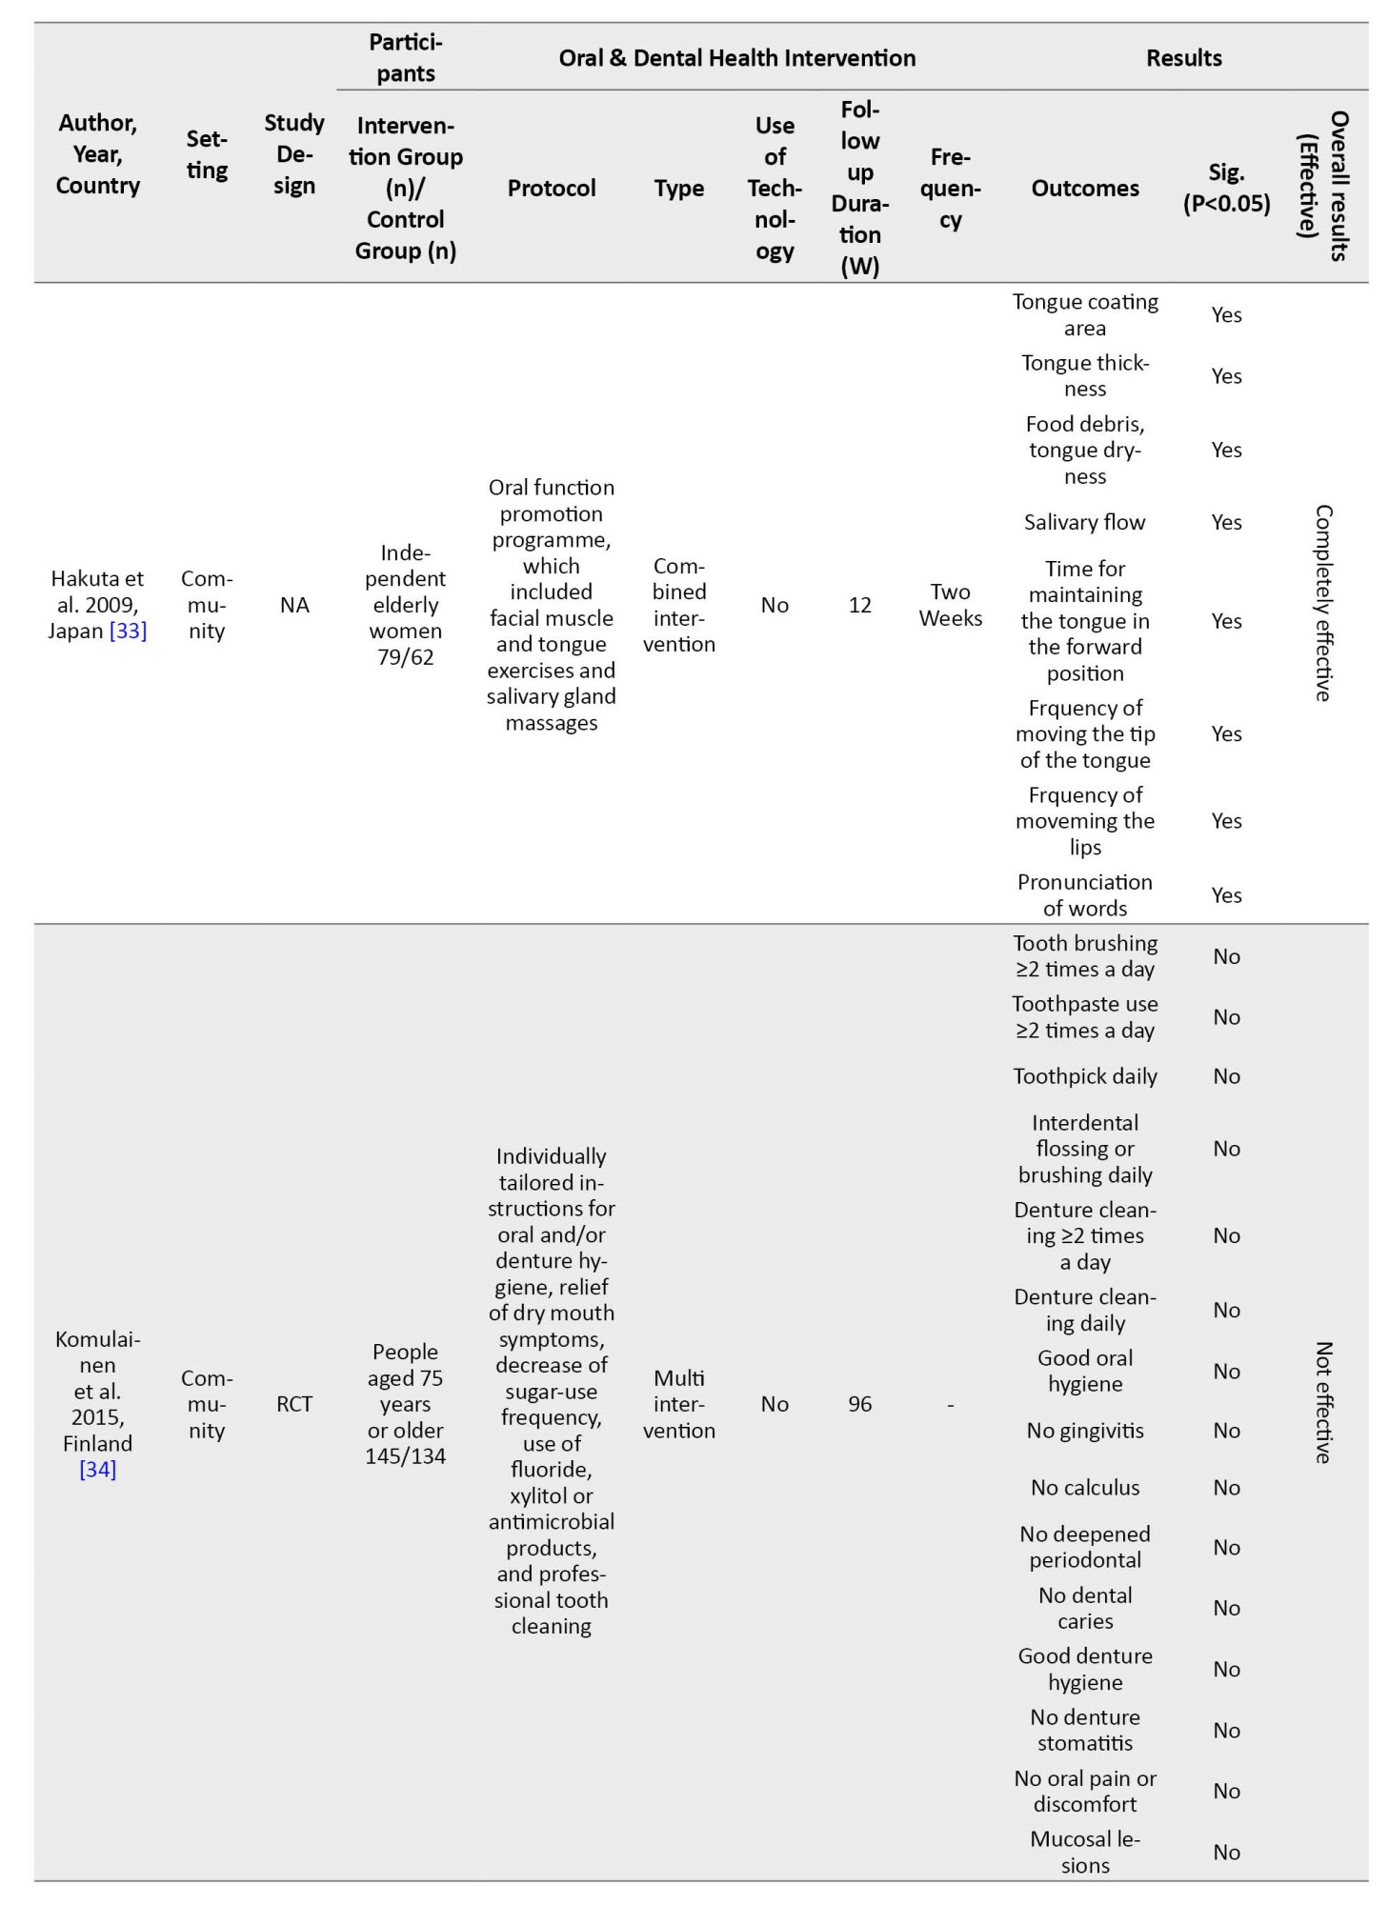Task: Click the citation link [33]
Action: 128,631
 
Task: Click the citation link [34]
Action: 97,1469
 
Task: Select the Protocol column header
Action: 551,189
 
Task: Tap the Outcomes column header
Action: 1084,189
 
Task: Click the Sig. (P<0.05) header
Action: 1226,188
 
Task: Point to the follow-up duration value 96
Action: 859,1404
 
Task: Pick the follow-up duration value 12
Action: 859,605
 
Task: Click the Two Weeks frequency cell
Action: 950,605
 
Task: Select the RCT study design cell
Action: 294,1404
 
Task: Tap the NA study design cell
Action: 294,605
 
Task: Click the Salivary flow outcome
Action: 1084,522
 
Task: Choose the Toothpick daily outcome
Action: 1084,1076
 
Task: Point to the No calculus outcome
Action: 1084,1488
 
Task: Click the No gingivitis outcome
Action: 1084,1431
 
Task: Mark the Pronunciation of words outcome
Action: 1084,895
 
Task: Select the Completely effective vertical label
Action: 1323,603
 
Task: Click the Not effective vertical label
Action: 1323,1402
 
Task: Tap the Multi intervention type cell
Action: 678,1404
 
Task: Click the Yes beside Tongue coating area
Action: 1226,315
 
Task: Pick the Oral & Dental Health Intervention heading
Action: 736,58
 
